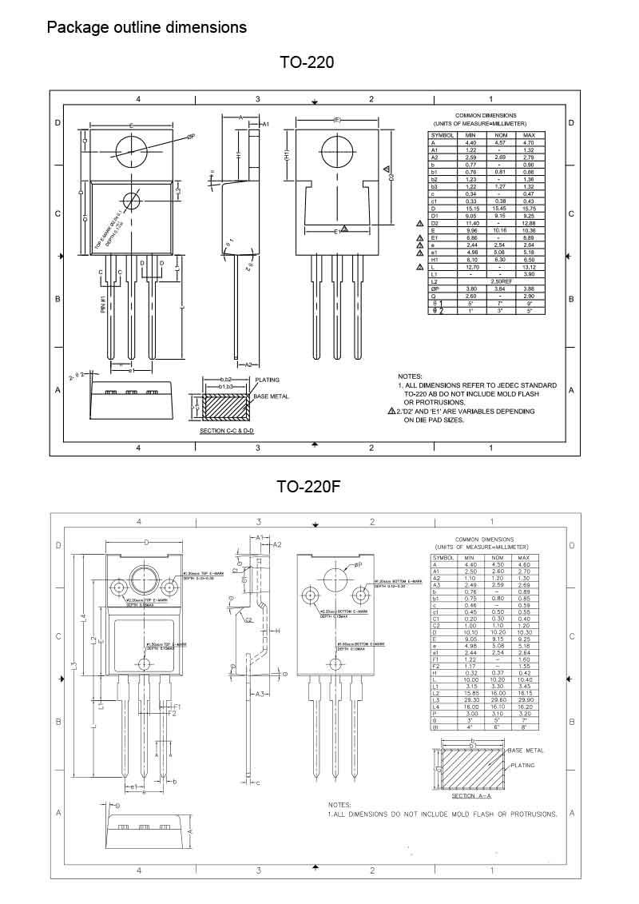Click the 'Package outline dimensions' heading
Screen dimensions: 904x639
coord(147,27)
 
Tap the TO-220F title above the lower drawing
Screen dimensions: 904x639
coord(307,487)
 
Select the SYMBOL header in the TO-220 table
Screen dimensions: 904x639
coord(443,135)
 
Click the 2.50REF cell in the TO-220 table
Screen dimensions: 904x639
coord(501,281)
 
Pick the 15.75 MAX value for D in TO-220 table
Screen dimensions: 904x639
coord(528,208)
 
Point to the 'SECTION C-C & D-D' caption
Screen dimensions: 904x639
coord(231,431)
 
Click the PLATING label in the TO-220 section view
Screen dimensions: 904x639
coord(268,380)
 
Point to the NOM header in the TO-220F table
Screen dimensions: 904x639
coord(498,557)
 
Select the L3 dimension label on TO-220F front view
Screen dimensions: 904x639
coord(73,666)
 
